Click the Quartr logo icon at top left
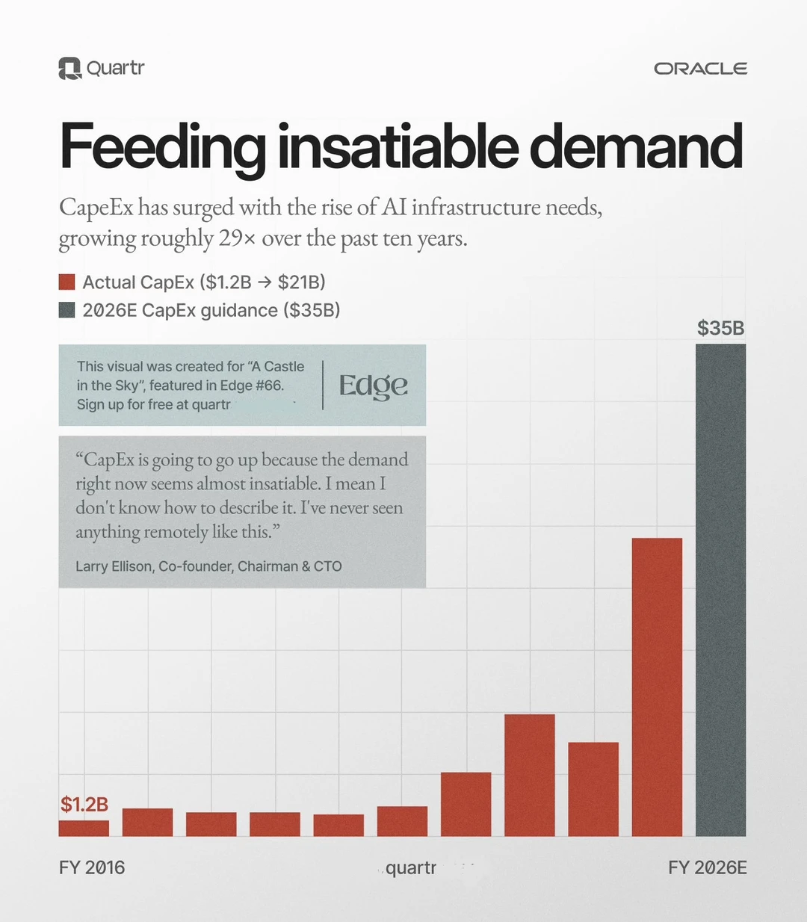point(69,69)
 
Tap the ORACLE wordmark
point(700,69)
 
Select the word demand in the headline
point(636,147)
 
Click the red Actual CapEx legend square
point(67,282)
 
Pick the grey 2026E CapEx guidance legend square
point(67,310)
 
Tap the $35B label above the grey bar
point(720,328)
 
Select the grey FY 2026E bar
point(720,590)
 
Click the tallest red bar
point(657,687)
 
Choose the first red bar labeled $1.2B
point(84,828)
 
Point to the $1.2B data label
point(84,805)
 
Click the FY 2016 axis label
point(92,867)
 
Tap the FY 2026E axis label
point(707,867)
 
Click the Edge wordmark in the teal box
point(373,386)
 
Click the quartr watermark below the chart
point(411,867)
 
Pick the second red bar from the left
point(147,822)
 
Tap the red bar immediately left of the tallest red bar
point(593,789)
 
